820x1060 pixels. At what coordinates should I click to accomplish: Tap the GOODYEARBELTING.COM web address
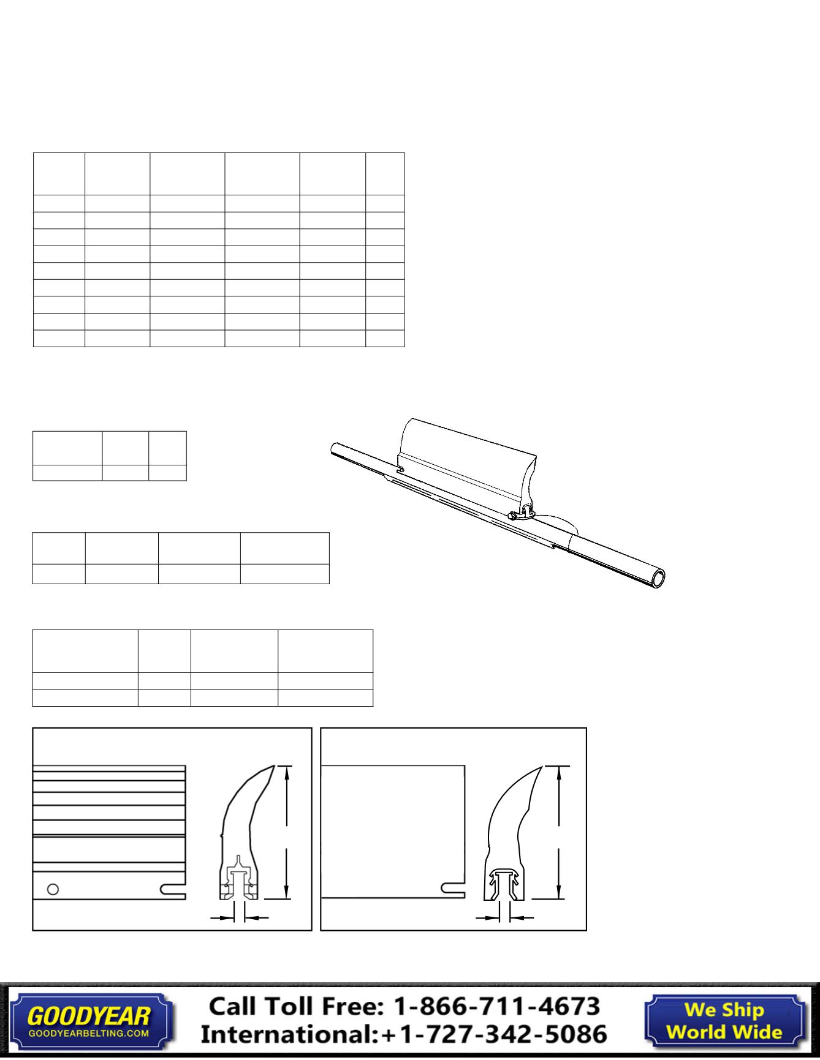pos(89,1033)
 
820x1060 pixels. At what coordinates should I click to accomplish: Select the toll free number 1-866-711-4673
pos(496,1005)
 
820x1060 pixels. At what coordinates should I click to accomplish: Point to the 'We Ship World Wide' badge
pos(724,1020)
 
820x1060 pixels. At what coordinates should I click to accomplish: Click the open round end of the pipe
pos(659,579)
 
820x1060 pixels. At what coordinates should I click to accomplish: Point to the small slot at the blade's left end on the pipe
pos(401,470)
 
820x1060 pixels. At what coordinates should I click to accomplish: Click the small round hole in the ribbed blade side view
pos(53,889)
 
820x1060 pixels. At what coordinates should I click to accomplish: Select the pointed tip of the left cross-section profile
pos(273,765)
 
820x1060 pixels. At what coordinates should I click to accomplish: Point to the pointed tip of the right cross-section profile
pos(541,766)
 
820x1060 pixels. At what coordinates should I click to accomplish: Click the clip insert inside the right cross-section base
pos(504,882)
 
